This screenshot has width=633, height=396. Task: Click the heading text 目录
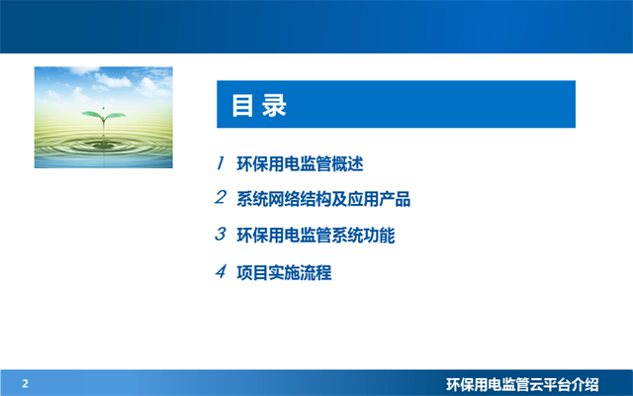pos(258,106)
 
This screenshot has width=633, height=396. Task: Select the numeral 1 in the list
pos(222,163)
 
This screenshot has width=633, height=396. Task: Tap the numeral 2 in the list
pos(222,198)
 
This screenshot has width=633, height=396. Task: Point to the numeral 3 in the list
pos(222,235)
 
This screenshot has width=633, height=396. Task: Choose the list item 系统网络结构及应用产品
pos(323,200)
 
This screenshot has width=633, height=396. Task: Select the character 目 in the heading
pos(241,106)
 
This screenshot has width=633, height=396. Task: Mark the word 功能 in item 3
pos(393,236)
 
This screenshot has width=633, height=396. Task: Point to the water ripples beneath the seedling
pos(103,148)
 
